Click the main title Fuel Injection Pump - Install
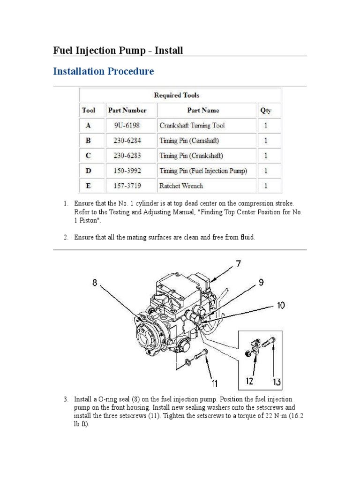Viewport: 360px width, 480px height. click(x=118, y=50)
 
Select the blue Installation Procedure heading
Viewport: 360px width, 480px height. click(x=104, y=72)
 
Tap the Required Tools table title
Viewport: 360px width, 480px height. click(x=177, y=95)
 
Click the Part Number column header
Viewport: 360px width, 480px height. click(x=127, y=111)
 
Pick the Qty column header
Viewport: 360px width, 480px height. click(x=265, y=111)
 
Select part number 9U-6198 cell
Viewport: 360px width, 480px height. click(x=127, y=126)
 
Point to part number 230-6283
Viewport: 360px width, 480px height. click(x=127, y=156)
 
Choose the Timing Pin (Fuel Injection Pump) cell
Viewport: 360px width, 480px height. click(x=203, y=171)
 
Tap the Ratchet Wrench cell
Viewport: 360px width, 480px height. click(x=181, y=186)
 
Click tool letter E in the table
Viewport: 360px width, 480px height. click(x=88, y=186)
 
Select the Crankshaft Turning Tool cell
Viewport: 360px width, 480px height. click(x=192, y=126)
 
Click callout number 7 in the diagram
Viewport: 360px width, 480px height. click(x=239, y=264)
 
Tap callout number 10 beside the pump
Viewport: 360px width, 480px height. click(x=280, y=306)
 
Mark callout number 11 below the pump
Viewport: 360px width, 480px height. click(x=214, y=384)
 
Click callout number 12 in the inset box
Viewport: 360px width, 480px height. click(x=250, y=381)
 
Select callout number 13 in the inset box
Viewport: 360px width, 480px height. click(x=277, y=382)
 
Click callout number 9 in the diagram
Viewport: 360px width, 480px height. click(x=261, y=283)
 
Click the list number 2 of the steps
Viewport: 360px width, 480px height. click(x=66, y=238)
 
